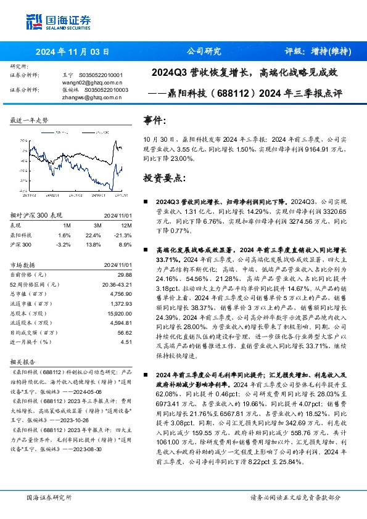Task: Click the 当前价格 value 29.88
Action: click(124, 274)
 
